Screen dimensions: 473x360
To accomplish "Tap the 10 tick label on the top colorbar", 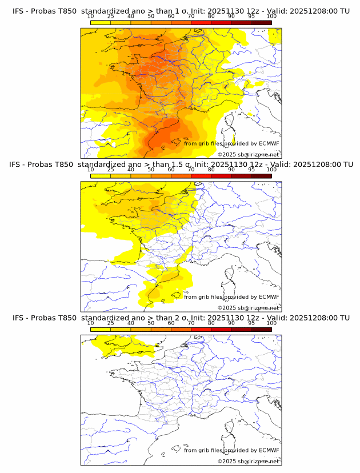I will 91,16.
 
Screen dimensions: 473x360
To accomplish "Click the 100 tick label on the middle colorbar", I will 271,170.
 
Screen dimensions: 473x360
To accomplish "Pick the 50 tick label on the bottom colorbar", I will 151,323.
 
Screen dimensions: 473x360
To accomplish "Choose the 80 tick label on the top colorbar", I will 211,16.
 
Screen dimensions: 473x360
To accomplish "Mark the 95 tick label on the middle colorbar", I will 251,170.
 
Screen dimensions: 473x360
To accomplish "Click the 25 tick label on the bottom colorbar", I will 111,323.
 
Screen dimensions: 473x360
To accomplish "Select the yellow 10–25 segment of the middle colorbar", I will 101,175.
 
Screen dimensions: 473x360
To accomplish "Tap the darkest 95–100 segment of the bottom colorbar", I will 261,329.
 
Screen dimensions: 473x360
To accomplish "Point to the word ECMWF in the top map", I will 269,143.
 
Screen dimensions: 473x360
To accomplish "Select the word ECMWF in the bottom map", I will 269,450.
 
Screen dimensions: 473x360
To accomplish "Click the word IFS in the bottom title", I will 18,318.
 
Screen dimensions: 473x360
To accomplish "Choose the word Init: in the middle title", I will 203,164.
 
